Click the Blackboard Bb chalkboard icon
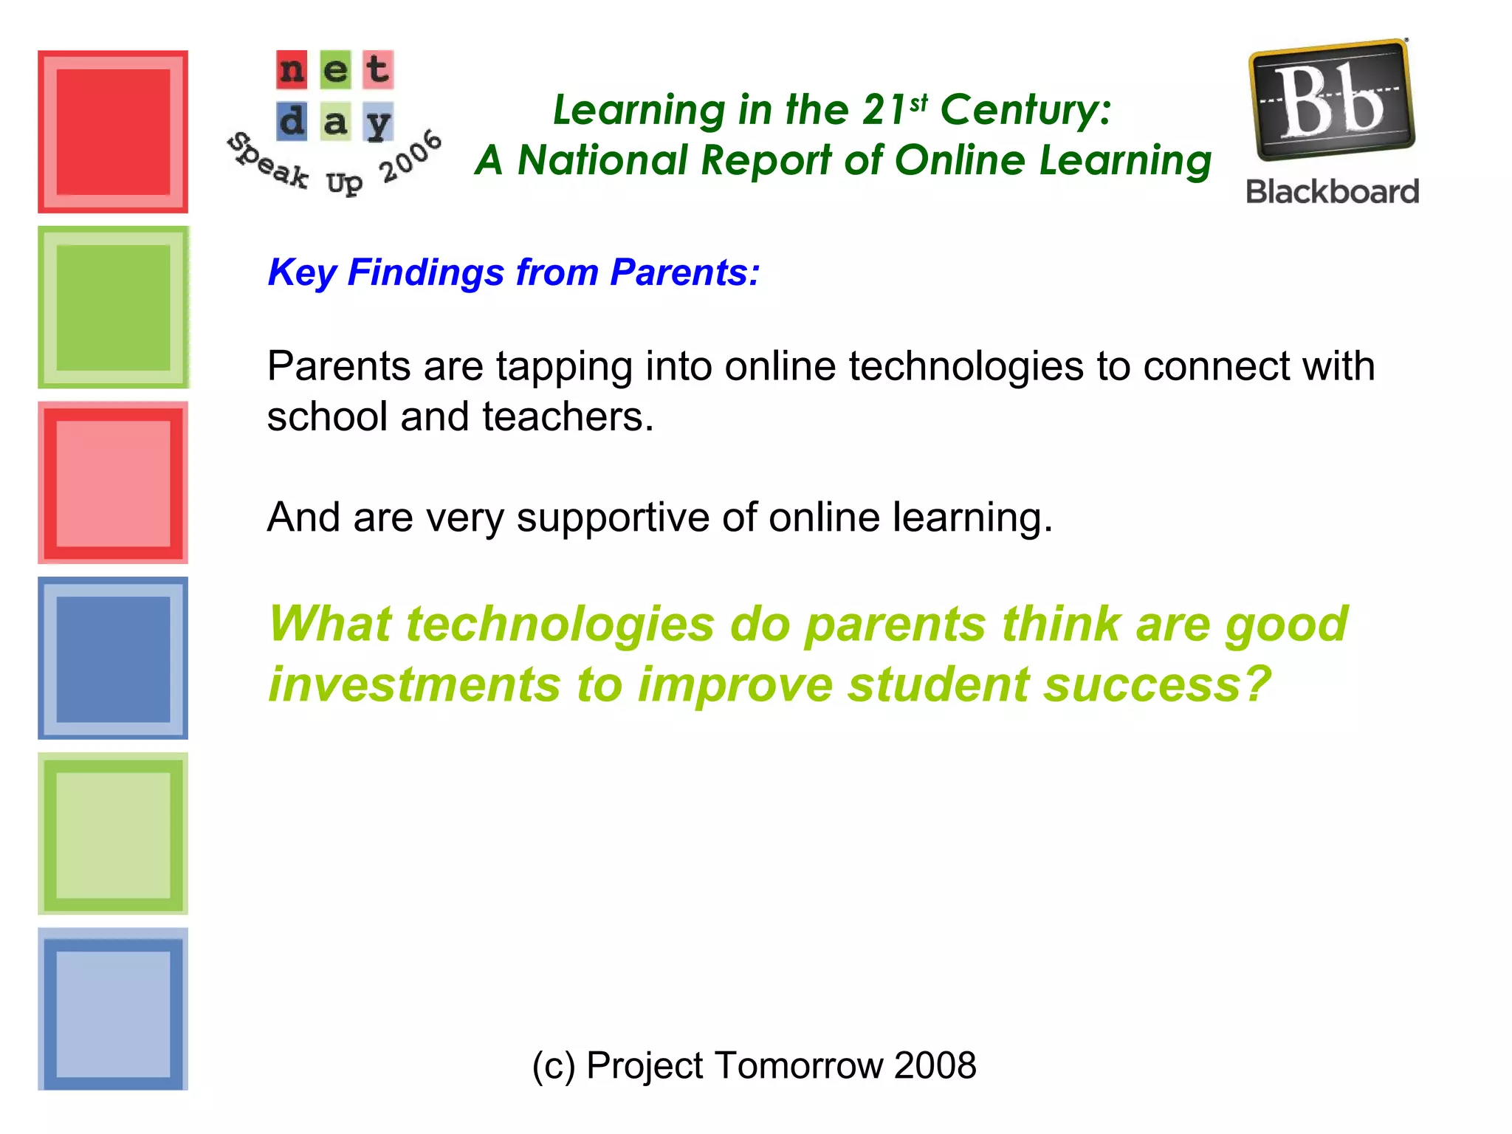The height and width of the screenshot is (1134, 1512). tap(1332, 100)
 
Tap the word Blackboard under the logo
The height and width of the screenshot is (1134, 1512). tap(1332, 192)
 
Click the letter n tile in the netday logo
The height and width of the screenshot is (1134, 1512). tap(292, 69)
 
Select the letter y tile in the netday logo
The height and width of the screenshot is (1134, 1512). tap(378, 122)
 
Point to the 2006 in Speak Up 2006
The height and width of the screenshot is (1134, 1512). tap(410, 157)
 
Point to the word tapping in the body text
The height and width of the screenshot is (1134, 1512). tap(564, 366)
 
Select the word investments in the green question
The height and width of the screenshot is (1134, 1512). tap(414, 684)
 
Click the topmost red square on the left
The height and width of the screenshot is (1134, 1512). tap(113, 132)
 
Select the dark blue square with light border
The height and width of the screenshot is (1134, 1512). tap(113, 659)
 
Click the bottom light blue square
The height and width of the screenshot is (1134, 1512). tap(113, 1009)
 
